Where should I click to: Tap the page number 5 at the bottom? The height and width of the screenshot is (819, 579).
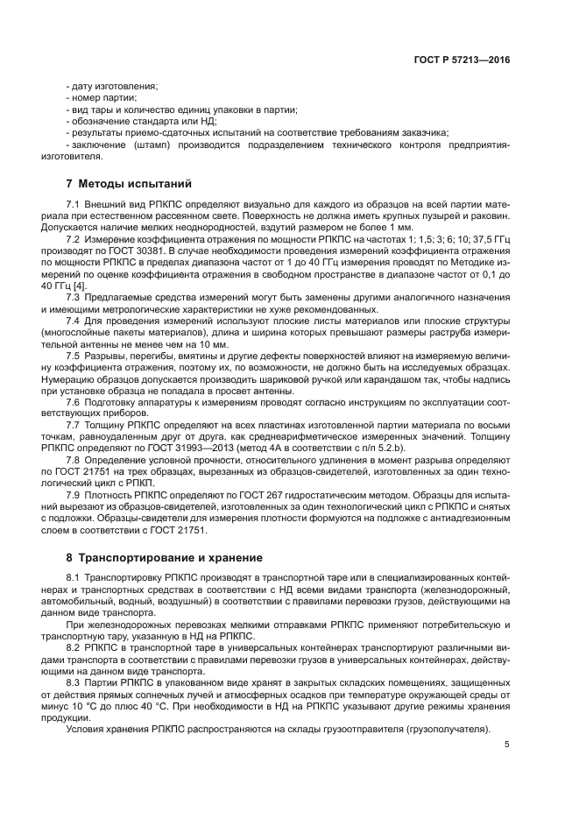click(506, 745)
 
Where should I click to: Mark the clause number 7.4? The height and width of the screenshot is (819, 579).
click(74, 322)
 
